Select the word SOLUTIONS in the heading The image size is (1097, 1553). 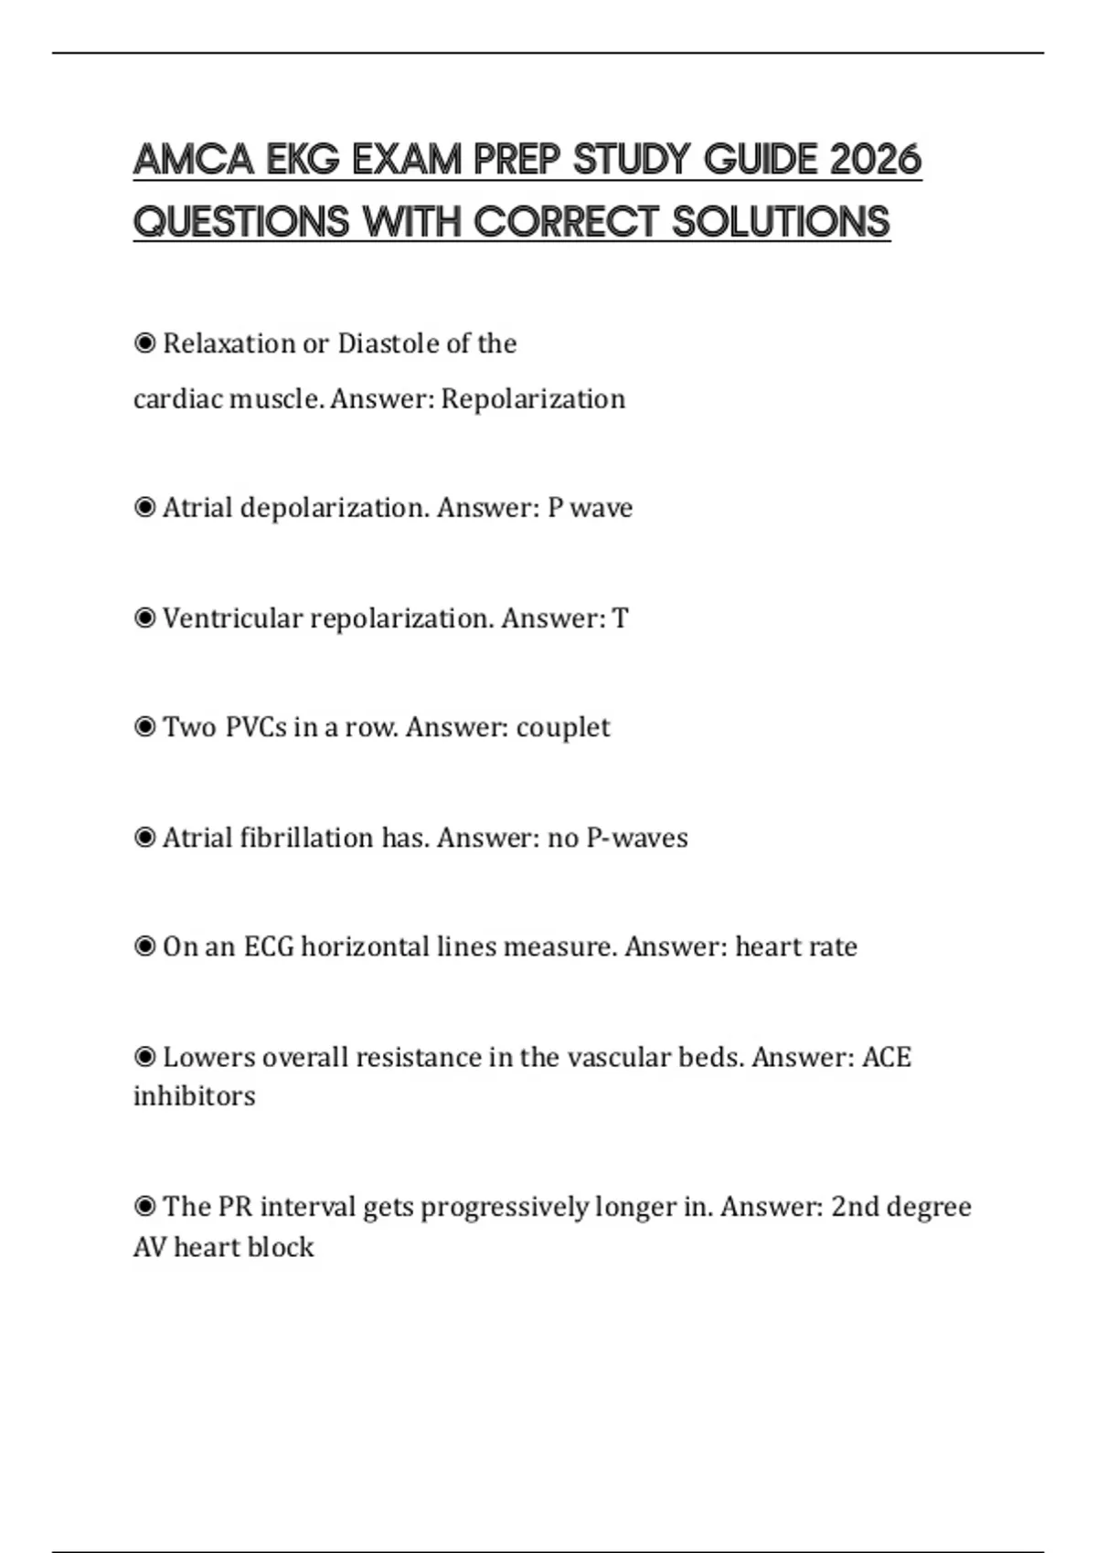[781, 222]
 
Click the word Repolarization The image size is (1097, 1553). [533, 399]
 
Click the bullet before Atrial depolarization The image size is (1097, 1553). [144, 507]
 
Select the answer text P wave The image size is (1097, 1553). [590, 508]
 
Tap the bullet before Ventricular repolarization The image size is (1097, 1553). [144, 618]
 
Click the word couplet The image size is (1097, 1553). [562, 728]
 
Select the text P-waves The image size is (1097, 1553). [636, 838]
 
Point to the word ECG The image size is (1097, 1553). [269, 946]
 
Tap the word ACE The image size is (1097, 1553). [887, 1057]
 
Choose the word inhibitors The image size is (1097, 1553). [194, 1095]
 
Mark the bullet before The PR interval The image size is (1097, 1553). [144, 1207]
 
